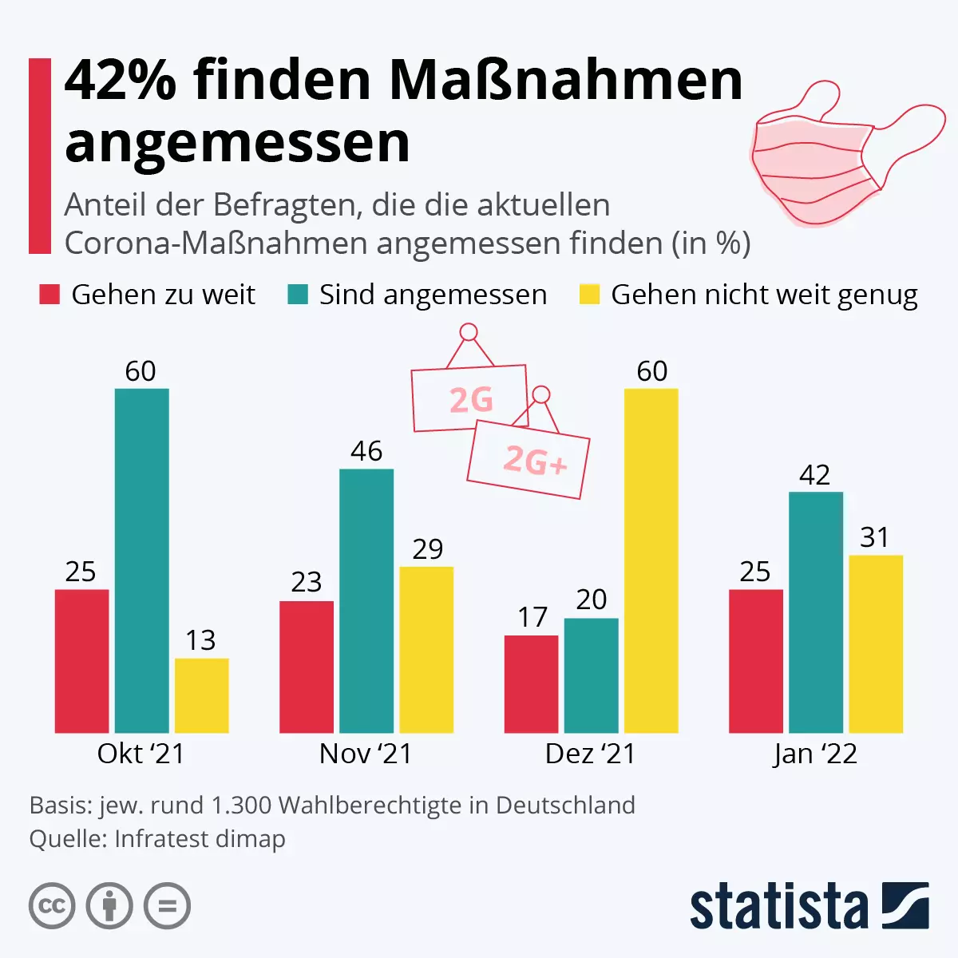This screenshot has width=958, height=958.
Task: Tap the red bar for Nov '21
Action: (307, 667)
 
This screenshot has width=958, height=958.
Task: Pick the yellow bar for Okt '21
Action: (201, 695)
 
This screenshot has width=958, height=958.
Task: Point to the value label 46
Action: (366, 451)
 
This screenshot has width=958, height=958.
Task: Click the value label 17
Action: (532, 617)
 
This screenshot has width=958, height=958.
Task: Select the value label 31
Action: (875, 537)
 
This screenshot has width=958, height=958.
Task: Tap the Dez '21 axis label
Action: (590, 754)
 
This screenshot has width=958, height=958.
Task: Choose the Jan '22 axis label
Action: (815, 754)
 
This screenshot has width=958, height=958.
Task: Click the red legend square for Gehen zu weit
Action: (49, 295)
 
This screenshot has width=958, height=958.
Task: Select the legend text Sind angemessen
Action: (433, 295)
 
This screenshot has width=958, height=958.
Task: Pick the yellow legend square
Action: (589, 295)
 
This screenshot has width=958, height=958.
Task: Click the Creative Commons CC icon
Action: (52, 906)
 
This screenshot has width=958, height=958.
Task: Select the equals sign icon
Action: (168, 906)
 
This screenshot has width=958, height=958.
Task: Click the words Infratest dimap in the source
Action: (200, 839)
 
